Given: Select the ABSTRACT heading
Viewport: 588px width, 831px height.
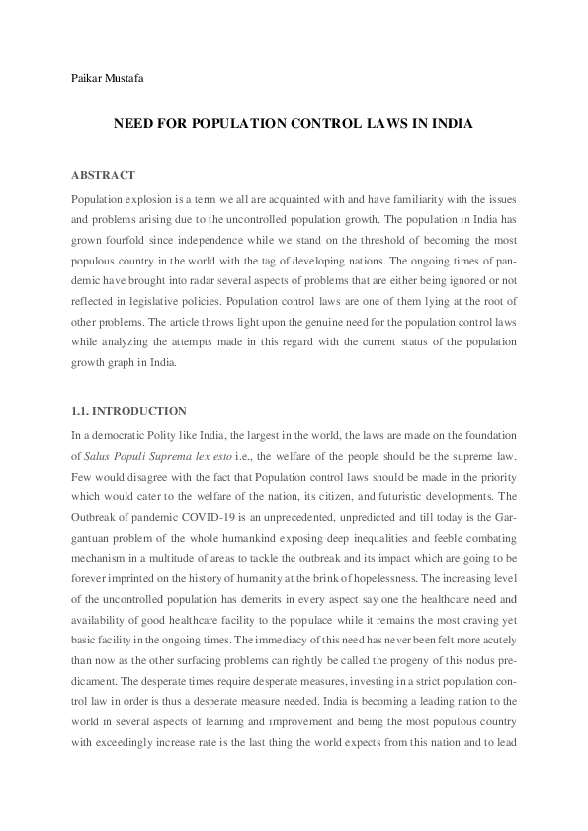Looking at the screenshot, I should point(103,175).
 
